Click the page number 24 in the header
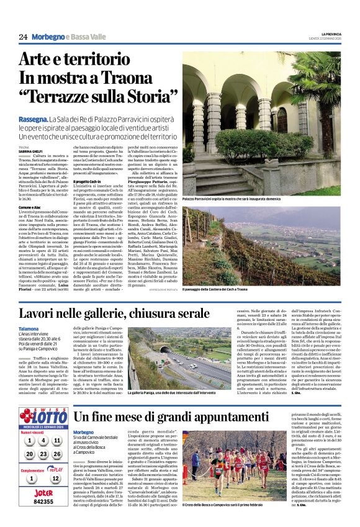[x=23, y=37]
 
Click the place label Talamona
[x=29, y=328]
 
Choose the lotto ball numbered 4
[x=42, y=440]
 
